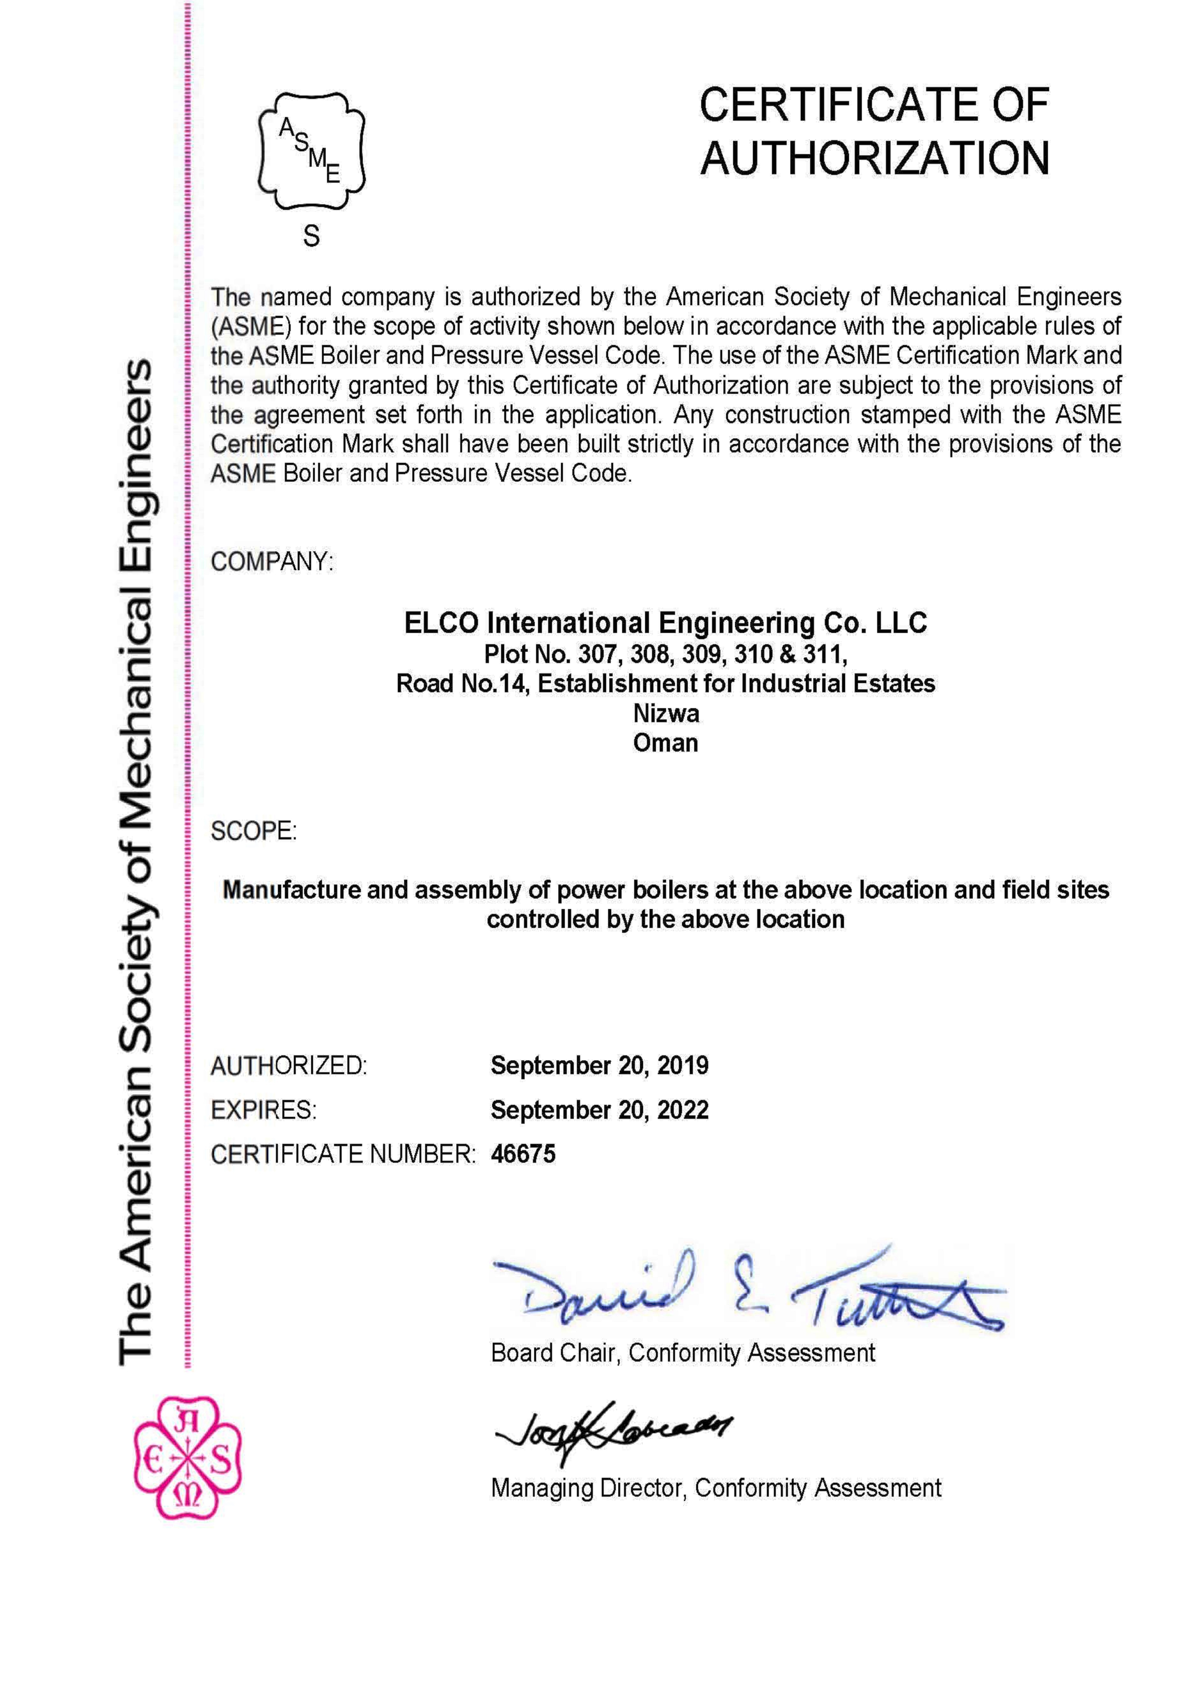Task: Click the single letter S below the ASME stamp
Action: click(312, 236)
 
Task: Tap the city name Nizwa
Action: click(666, 713)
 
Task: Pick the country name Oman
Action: click(666, 743)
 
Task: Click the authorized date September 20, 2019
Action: click(600, 1065)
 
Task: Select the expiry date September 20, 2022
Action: click(600, 1109)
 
